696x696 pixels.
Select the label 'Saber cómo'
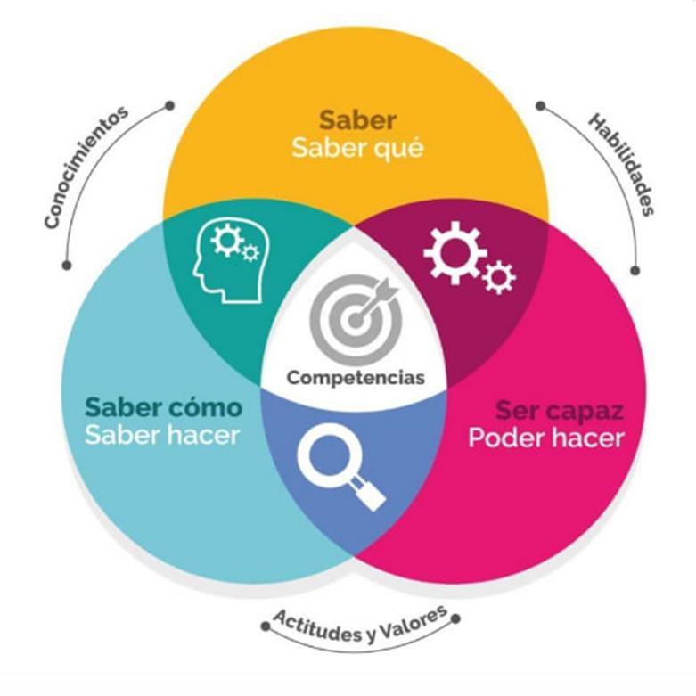(163, 407)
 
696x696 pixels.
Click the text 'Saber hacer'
(163, 436)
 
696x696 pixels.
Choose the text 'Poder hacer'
(546, 439)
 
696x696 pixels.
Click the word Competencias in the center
(356, 377)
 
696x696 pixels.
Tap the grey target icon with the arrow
(352, 316)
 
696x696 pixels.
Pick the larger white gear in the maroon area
(454, 251)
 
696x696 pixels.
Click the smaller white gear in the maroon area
(499, 278)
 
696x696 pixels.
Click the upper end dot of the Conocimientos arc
(169, 105)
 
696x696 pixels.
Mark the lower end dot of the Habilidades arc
(635, 269)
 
